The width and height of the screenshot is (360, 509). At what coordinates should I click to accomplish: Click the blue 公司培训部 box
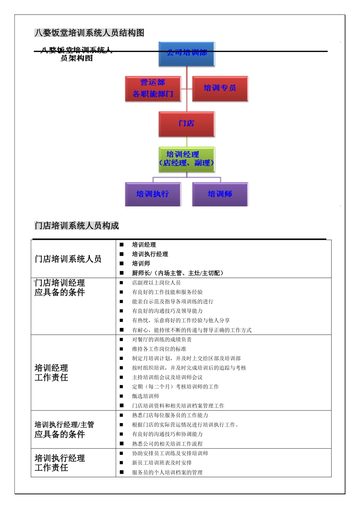click(186, 54)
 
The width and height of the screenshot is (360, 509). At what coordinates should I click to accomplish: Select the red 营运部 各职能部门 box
click(153, 89)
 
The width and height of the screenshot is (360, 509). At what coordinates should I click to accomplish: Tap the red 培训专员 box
click(220, 89)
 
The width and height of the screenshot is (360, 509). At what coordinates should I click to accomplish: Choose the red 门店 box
click(186, 124)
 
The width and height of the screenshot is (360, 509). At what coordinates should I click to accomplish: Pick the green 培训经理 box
click(186, 159)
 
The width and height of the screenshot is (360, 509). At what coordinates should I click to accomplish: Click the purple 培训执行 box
click(153, 194)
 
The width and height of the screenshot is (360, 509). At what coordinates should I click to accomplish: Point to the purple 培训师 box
click(220, 194)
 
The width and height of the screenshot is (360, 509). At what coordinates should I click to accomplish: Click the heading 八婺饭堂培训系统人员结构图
click(89, 33)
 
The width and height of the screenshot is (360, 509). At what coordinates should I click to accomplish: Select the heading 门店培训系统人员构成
click(77, 226)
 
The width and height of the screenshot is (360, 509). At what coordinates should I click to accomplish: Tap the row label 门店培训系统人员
click(68, 259)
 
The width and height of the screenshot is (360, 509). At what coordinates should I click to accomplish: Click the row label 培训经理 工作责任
click(52, 373)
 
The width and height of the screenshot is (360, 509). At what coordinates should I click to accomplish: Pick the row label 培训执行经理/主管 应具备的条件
click(64, 429)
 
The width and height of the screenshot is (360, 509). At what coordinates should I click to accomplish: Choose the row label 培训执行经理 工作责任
click(59, 463)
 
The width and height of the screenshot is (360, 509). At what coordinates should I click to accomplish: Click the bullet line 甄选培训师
click(146, 396)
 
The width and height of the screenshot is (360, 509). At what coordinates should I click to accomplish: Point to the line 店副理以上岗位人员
click(156, 283)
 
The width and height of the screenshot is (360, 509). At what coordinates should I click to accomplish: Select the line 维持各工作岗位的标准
click(159, 349)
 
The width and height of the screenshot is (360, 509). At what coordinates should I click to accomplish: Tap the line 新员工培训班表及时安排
click(162, 463)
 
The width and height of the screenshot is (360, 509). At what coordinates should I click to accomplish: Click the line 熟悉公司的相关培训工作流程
click(167, 444)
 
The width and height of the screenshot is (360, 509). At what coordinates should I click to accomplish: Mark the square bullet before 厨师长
click(122, 273)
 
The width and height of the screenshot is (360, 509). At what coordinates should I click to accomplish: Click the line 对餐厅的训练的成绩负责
click(162, 339)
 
